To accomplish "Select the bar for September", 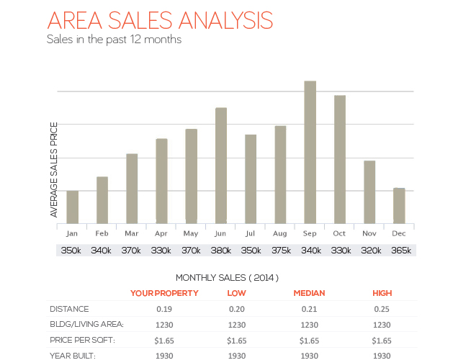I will point(310,152).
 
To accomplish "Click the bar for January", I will point(72,207).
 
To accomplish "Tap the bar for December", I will point(399,205).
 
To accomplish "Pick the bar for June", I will point(221,165).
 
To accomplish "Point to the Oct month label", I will point(339,233).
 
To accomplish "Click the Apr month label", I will point(161,233).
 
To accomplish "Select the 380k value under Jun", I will point(221,251).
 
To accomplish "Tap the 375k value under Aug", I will point(280,251).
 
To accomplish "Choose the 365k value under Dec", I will point(399,251).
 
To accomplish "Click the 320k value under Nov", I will point(369,251).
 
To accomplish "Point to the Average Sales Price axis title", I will point(54,170).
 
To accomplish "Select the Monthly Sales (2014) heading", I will point(227,277).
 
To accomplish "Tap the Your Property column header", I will point(164,293).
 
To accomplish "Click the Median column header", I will point(309,293).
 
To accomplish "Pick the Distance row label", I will point(69,309).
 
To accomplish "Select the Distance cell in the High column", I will point(382,309).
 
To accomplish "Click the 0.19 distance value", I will point(164,309).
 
